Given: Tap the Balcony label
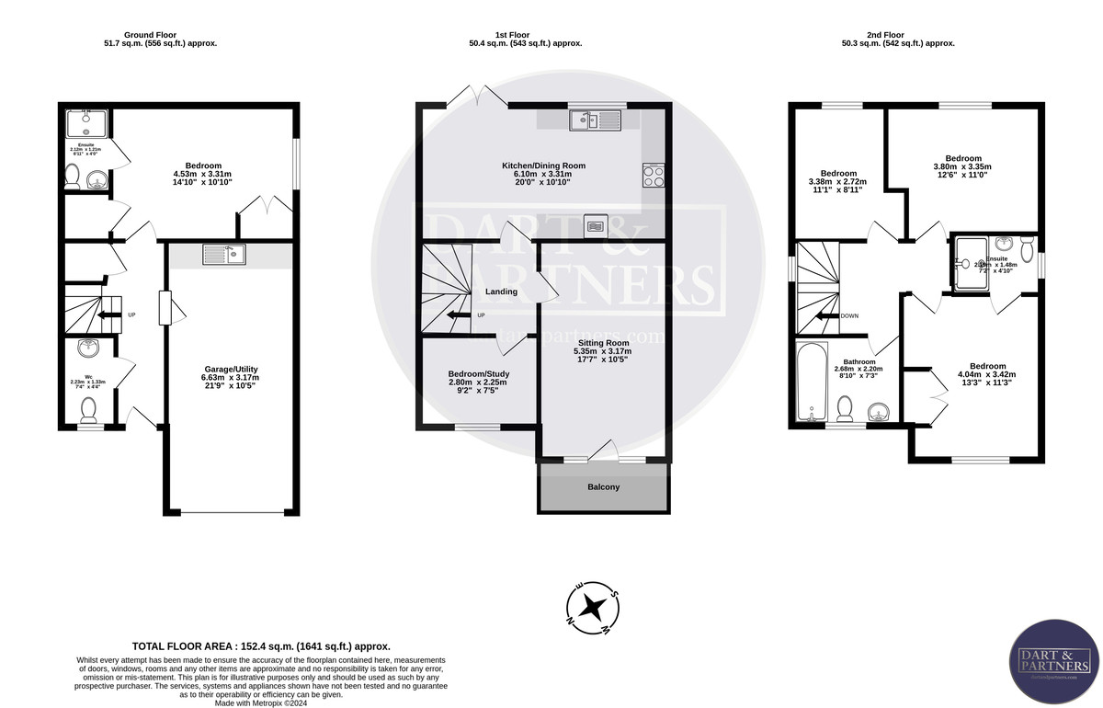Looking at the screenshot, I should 603,486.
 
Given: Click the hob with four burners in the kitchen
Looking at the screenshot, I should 653,175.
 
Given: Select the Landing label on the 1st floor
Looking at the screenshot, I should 502,291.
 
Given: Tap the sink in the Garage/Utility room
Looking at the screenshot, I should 224,253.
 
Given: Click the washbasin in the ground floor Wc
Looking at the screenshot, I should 89,349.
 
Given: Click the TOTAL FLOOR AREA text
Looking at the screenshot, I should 261,646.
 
